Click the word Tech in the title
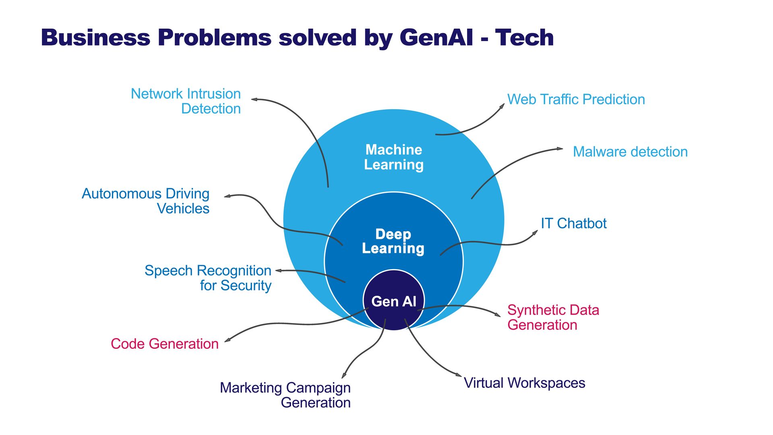525,37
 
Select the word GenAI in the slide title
436,37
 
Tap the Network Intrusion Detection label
186,101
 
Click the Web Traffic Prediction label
576,99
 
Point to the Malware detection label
630,152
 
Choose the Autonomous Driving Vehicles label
146,201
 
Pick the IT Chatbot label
574,223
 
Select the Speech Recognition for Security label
208,278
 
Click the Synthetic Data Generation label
553,317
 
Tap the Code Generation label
165,344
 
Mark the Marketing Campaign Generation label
285,395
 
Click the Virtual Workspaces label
525,383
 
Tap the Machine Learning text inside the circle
394,157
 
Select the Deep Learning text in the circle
393,241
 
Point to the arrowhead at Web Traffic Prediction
502,106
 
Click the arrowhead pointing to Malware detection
560,149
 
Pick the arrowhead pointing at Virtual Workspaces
459,375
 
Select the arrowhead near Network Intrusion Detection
254,99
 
